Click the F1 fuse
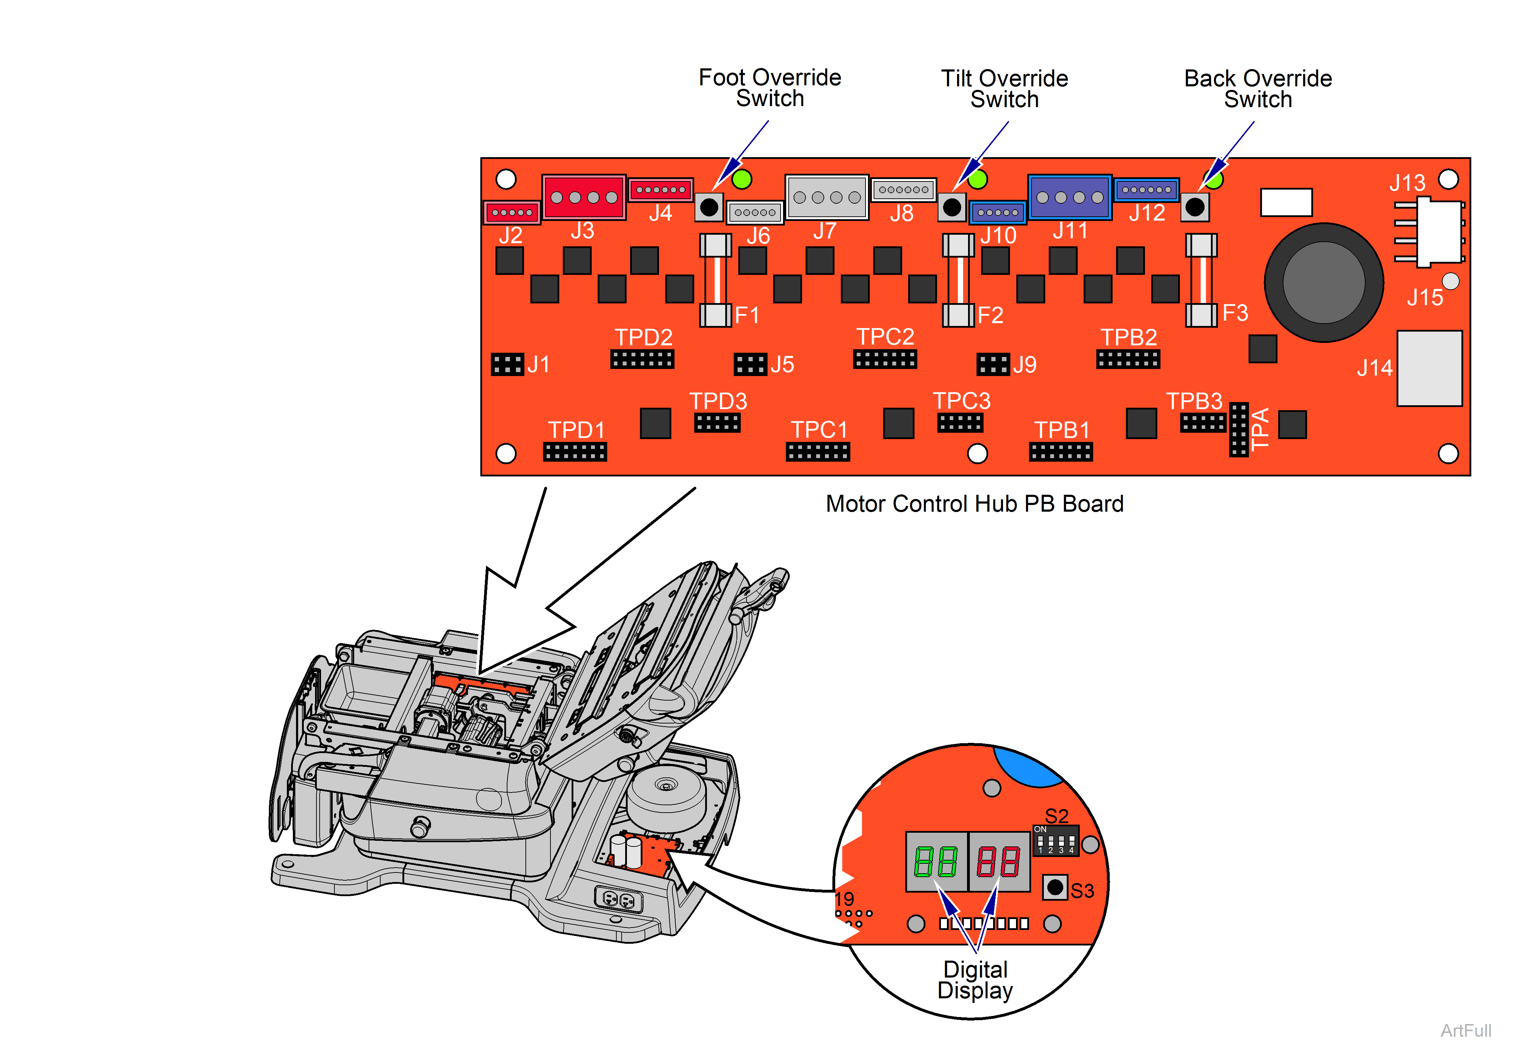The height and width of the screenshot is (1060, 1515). (x=715, y=281)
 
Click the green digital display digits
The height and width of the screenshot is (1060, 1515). (x=936, y=862)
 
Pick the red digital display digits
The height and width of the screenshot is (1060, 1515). (x=998, y=862)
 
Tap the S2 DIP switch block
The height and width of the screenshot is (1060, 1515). (x=1056, y=842)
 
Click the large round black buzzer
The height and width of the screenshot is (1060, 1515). (x=1324, y=282)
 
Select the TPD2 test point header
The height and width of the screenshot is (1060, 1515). (x=642, y=359)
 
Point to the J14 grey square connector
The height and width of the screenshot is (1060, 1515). (x=1429, y=368)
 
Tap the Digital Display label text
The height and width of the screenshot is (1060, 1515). (x=975, y=980)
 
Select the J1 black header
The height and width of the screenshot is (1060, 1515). (x=507, y=364)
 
